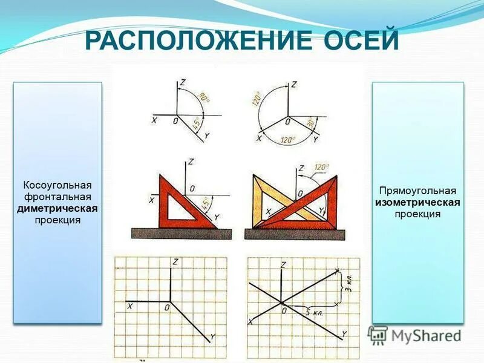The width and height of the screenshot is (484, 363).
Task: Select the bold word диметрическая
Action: [x=57, y=208]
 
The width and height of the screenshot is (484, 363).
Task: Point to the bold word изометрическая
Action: [x=417, y=202]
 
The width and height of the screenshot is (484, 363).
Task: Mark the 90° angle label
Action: [x=205, y=97]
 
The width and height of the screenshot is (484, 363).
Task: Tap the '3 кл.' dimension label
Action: [x=347, y=283]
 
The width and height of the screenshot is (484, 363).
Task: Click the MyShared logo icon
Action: [x=378, y=335]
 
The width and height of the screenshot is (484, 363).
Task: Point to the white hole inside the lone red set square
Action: [x=181, y=210]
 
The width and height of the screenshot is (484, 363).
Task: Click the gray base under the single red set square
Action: [x=181, y=233]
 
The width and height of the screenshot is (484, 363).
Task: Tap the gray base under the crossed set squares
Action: [x=296, y=234]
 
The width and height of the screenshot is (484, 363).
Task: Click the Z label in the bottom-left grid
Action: [x=175, y=261]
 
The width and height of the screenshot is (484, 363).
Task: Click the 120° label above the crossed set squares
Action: [x=320, y=168]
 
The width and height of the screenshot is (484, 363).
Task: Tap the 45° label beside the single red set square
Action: [x=208, y=202]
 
